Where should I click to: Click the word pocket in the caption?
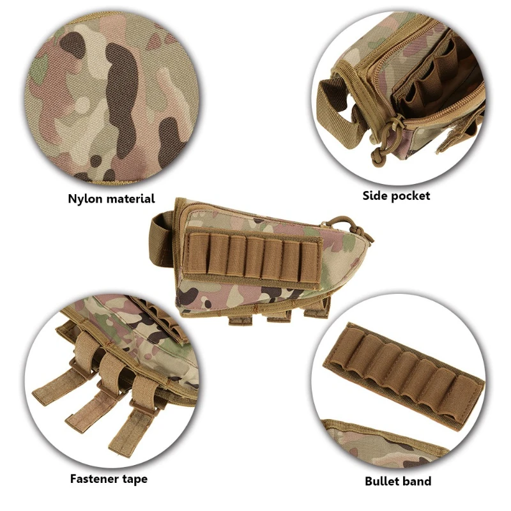410,196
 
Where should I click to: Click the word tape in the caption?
135,479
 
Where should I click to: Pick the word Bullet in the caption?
383,481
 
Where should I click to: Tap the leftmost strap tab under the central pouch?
241,318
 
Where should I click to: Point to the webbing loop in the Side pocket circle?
339,111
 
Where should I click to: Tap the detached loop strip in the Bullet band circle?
404,375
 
